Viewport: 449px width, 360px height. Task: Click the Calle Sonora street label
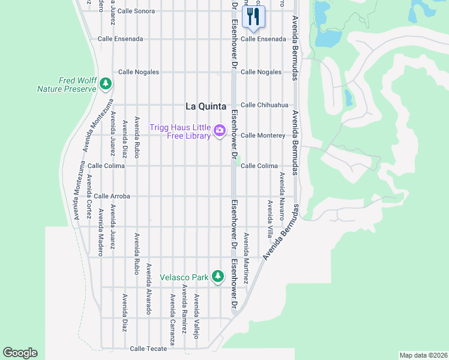click(x=136, y=11)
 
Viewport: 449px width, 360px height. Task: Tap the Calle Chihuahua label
click(x=264, y=104)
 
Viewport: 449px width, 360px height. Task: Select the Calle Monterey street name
click(x=262, y=135)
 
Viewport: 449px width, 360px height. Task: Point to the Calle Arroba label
click(x=112, y=196)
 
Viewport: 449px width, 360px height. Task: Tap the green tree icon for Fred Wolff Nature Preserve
click(x=106, y=83)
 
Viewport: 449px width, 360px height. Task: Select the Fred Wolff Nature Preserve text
click(x=67, y=85)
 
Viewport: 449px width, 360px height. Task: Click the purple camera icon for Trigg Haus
click(x=220, y=130)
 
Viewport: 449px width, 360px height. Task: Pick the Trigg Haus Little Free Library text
click(x=180, y=131)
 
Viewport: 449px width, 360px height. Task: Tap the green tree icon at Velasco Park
click(x=218, y=277)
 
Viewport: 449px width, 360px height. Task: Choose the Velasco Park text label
click(x=184, y=277)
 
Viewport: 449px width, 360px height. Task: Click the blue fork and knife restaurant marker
click(x=253, y=17)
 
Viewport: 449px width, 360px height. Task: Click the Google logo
click(x=20, y=353)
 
